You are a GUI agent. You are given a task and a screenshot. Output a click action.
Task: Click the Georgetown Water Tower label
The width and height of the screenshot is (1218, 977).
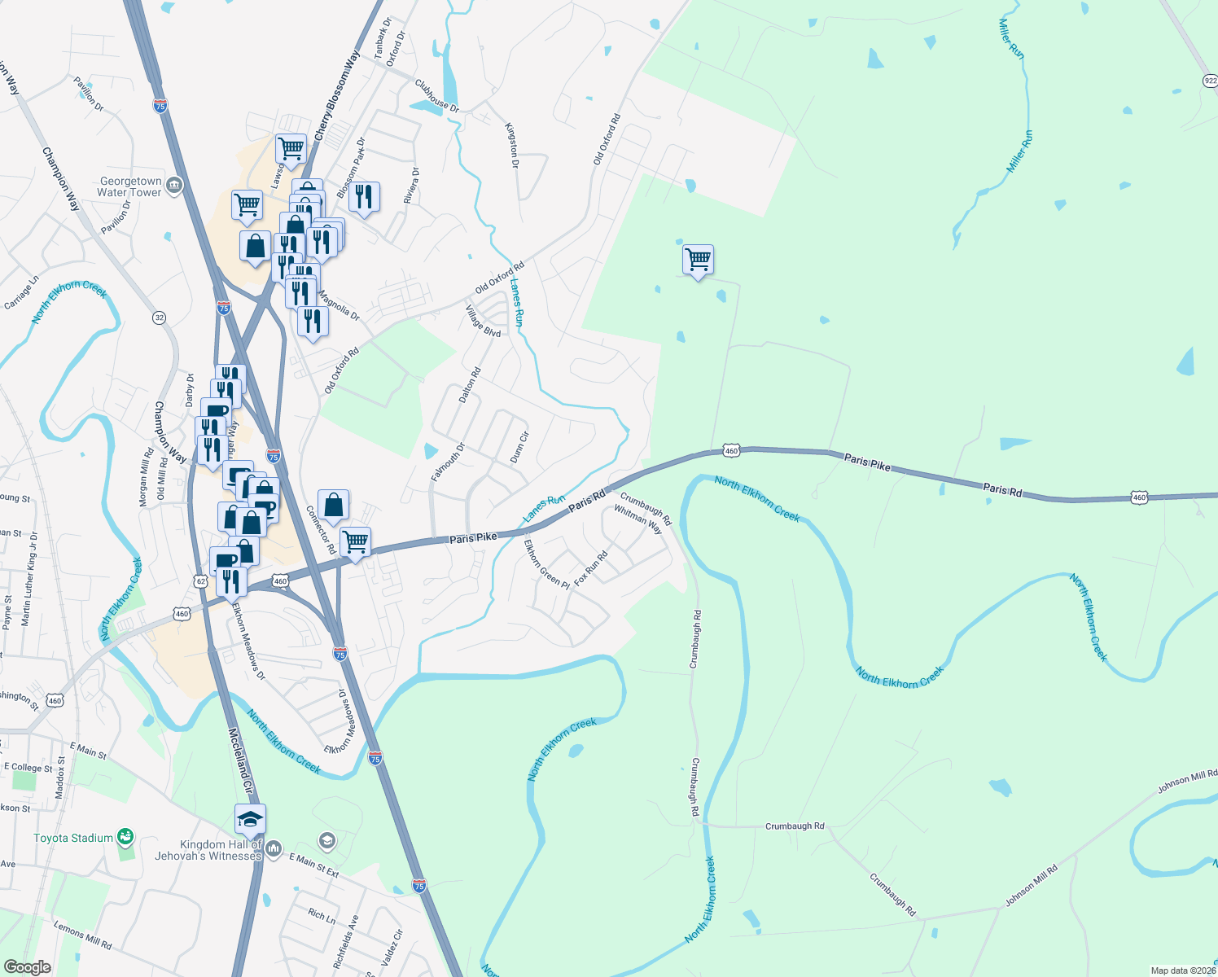129,187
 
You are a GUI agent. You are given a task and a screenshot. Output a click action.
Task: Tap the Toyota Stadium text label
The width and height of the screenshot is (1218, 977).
73,838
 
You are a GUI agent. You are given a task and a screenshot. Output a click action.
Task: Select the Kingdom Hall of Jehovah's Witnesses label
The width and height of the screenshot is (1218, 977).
208,851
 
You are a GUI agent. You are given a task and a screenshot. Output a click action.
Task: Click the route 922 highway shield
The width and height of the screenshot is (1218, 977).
1210,81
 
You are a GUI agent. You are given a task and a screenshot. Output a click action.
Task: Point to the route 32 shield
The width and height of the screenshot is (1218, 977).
160,318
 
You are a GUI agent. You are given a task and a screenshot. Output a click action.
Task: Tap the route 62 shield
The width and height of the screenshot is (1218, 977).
201,581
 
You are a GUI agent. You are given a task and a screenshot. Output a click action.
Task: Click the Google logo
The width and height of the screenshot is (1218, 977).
27,967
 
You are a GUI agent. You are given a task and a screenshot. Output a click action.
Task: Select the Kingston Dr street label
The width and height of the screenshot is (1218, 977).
512,146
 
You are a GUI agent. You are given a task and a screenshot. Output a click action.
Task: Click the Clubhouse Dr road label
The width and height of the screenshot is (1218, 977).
437,96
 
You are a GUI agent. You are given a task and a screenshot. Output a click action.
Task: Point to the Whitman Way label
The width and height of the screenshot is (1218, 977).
638,519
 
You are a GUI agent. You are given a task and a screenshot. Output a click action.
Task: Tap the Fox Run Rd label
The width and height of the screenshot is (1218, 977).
591,568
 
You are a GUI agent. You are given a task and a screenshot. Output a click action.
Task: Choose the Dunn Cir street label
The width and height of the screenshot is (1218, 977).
519,448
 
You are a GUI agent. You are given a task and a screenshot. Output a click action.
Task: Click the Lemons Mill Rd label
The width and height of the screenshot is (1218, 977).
82,935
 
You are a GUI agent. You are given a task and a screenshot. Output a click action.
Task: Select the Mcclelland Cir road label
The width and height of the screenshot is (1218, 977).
240,761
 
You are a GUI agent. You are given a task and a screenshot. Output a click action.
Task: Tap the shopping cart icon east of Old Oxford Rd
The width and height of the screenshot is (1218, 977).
698,261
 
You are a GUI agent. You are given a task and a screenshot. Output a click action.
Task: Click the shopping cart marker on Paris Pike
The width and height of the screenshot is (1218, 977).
356,541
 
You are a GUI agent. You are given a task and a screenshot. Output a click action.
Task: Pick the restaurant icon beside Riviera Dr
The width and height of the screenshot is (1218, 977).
364,197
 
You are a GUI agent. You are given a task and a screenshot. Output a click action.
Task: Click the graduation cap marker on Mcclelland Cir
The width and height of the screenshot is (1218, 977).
250,818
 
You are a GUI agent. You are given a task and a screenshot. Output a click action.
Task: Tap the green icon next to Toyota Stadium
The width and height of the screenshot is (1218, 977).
125,836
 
